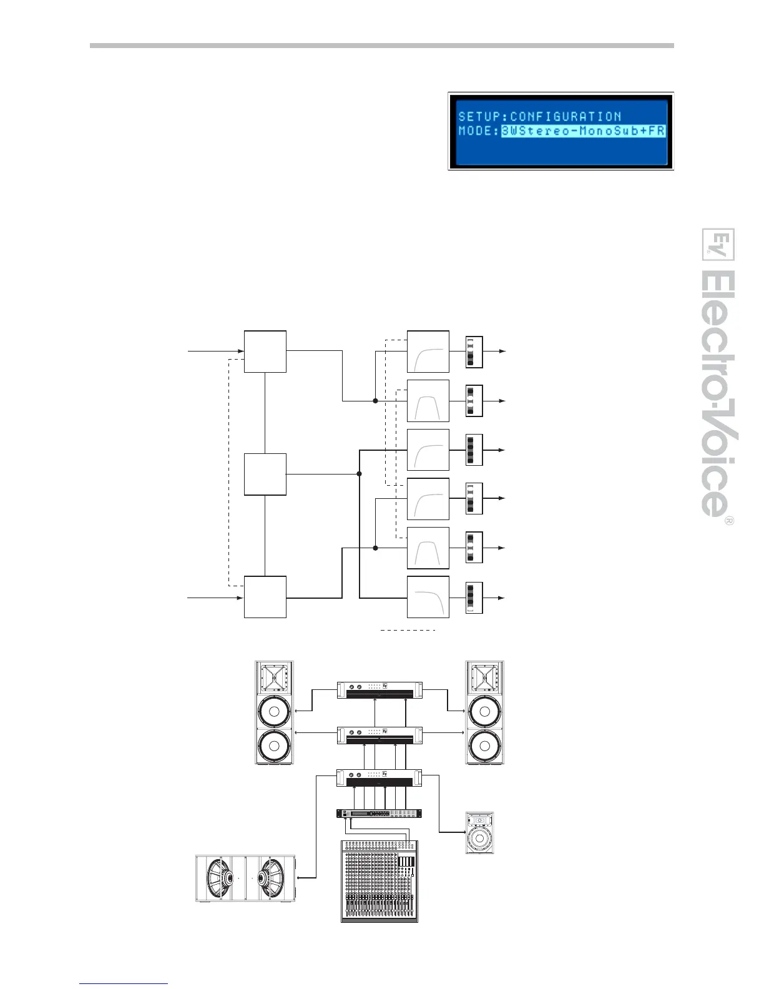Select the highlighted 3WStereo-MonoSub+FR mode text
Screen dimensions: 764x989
click(582, 131)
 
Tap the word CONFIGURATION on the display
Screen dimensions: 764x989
click(566, 117)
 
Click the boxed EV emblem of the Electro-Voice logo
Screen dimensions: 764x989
click(718, 245)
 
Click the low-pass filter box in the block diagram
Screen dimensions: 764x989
click(428, 598)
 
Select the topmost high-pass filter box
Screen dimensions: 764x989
click(428, 352)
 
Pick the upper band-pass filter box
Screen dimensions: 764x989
click(428, 400)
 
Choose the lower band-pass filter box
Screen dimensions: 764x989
click(428, 548)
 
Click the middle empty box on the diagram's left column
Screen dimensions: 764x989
click(265, 475)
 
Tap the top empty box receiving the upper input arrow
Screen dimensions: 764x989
click(265, 352)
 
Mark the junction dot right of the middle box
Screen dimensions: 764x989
click(359, 474)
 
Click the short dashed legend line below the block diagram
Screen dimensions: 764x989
click(408, 631)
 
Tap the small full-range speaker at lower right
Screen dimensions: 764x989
click(479, 833)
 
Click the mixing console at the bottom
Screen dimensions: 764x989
click(380, 881)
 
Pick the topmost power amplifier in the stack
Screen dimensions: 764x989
click(380, 690)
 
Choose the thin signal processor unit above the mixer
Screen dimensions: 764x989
click(380, 813)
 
